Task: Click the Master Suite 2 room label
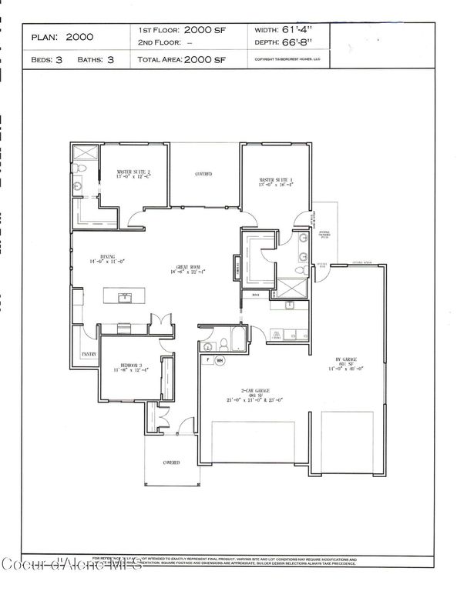133,173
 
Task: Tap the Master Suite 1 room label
276,182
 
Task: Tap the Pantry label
89,355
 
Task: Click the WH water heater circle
220,359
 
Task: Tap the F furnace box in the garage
207,359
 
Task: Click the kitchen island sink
123,296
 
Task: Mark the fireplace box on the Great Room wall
236,269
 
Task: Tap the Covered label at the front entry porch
170,462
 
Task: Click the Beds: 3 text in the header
47,59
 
